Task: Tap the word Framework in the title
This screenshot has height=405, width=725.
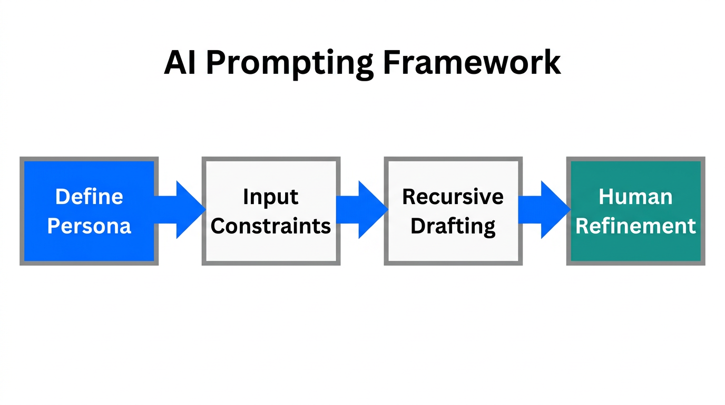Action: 472,63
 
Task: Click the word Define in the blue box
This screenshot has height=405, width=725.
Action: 89,197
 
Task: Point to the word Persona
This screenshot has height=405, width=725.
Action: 89,226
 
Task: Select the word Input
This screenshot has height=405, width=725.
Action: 271,197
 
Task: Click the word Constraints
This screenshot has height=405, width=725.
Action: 271,226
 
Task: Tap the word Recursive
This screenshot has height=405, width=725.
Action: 453,197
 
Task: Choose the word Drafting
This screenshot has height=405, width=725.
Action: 453,226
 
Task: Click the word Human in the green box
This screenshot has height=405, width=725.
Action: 635,197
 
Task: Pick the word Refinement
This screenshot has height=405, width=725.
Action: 635,226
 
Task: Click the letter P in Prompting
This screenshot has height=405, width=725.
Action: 214,63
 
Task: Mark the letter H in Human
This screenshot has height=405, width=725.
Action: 606,197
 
